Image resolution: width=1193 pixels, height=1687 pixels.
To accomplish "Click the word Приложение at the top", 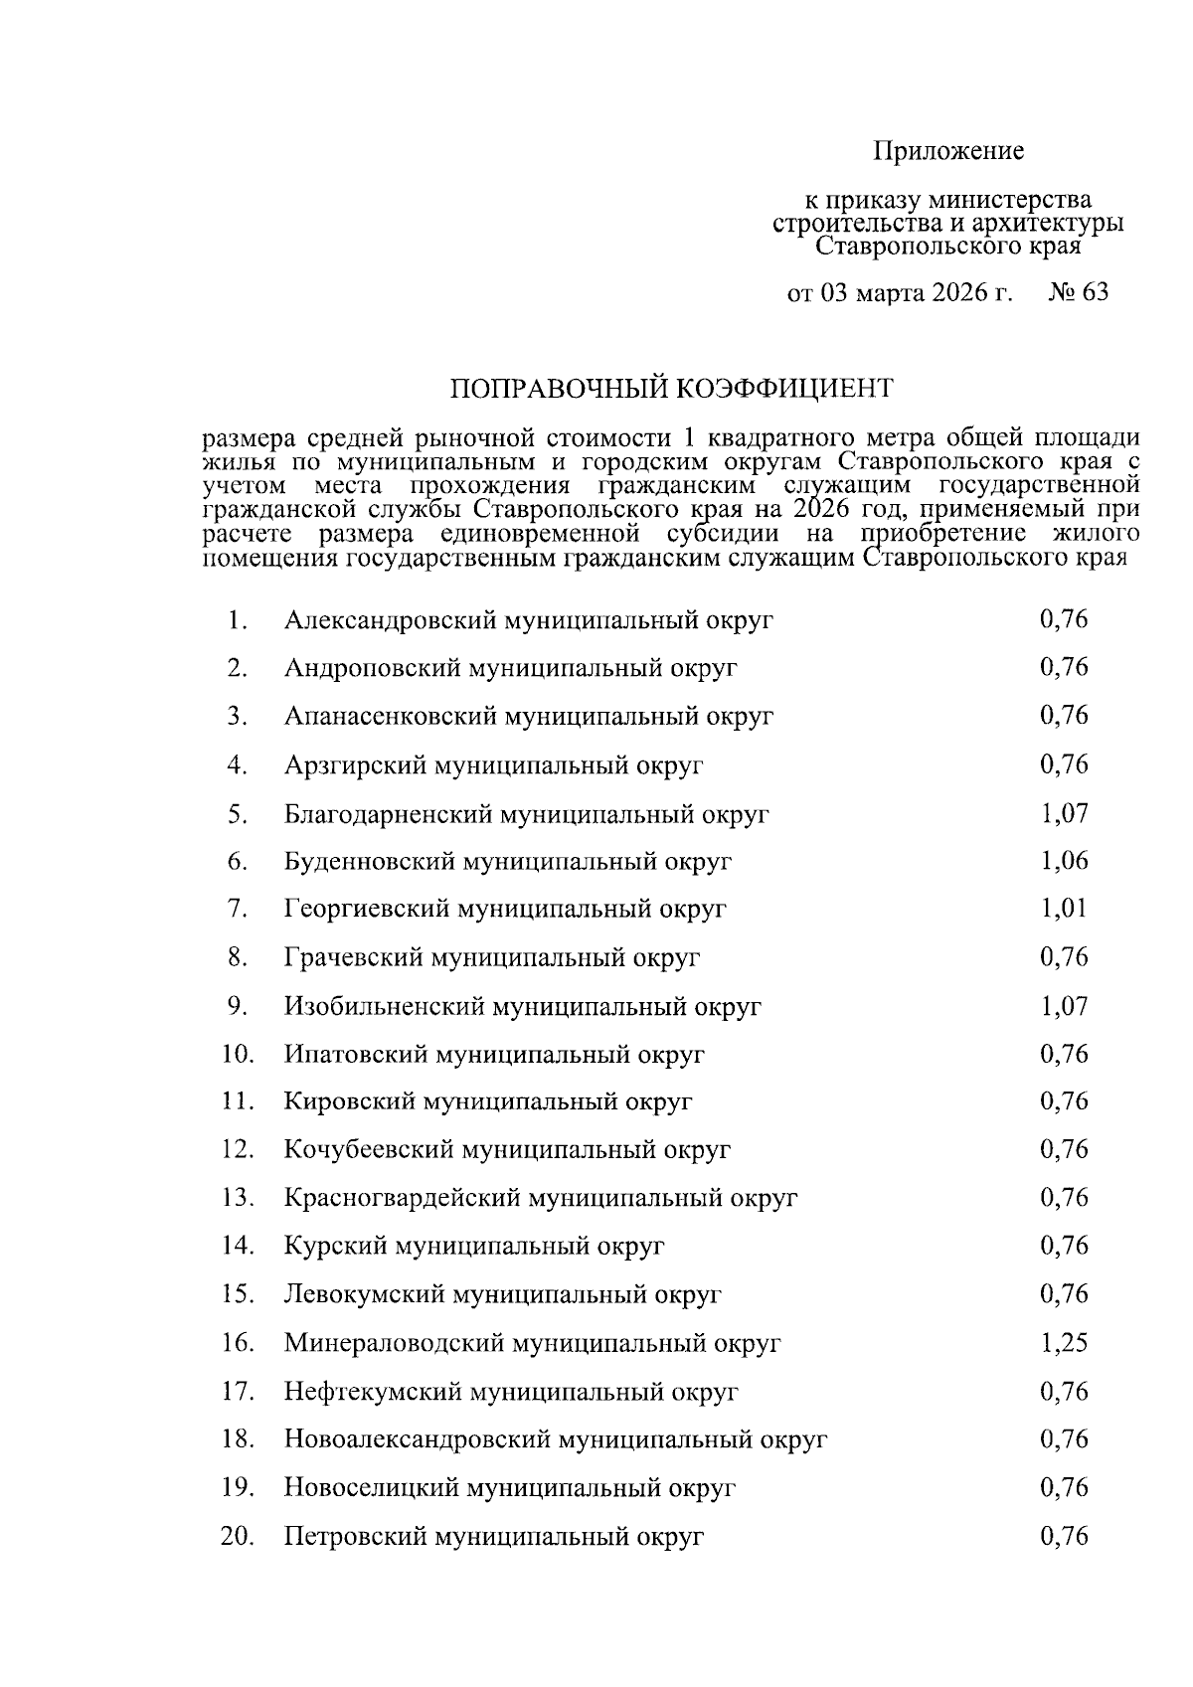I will click(948, 151).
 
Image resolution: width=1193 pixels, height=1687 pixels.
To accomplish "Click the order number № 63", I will click(1078, 292).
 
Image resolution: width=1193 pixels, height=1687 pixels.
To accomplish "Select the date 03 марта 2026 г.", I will click(913, 293).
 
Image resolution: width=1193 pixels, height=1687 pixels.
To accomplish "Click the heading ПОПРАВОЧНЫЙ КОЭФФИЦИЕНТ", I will click(673, 387).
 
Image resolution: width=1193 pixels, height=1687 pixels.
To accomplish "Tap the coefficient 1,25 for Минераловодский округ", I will click(1064, 1343).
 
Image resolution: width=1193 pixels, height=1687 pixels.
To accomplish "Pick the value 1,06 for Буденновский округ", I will click(1064, 860).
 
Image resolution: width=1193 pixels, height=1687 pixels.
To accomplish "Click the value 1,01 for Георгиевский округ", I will click(1064, 908).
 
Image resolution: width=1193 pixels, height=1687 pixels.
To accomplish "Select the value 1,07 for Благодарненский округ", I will click(1064, 813).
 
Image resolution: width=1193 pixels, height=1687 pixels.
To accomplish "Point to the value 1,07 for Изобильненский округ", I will click(1064, 1005).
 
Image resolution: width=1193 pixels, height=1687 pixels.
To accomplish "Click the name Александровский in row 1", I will click(390, 620).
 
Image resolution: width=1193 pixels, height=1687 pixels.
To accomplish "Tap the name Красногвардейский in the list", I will click(402, 1198).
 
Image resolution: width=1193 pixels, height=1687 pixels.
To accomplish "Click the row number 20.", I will click(237, 1536).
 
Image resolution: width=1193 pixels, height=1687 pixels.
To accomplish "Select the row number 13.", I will click(237, 1198).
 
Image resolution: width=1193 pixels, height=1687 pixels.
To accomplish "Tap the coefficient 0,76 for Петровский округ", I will click(1064, 1536).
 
